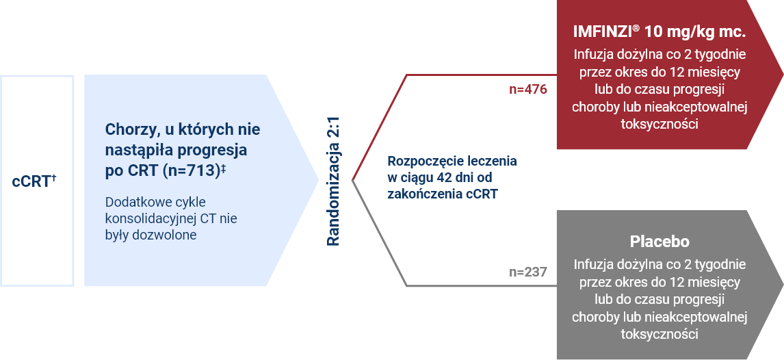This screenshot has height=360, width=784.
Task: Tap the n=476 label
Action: (x=528, y=90)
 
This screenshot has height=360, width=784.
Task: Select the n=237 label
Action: (x=528, y=272)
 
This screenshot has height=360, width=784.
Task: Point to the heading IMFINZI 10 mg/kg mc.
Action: (x=659, y=32)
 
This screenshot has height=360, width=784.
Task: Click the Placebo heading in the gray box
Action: (x=659, y=242)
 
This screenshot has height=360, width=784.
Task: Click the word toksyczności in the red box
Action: (x=659, y=125)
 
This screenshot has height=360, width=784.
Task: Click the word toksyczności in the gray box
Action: (x=659, y=335)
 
